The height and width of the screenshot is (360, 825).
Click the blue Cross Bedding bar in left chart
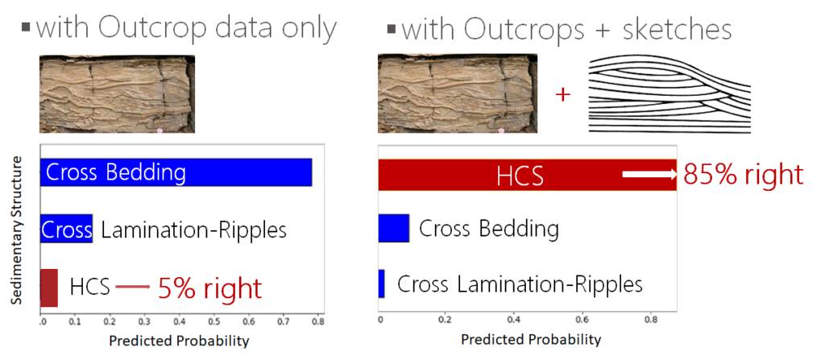click(x=176, y=172)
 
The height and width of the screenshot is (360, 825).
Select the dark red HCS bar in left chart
click(x=49, y=288)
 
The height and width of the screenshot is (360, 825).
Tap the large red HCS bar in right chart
click(x=527, y=174)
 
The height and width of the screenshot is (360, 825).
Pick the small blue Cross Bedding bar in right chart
click(x=393, y=229)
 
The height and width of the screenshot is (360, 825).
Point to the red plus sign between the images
click(x=563, y=96)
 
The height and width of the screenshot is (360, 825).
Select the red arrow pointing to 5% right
click(x=133, y=287)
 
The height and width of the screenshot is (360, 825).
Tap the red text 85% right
click(x=744, y=175)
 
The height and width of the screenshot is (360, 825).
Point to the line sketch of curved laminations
click(x=670, y=95)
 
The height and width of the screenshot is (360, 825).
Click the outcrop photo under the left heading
click(x=118, y=94)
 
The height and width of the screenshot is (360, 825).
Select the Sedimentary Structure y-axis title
click(x=19, y=230)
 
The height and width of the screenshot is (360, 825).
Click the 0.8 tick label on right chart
click(x=651, y=319)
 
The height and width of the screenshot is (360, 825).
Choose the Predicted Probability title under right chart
click(x=531, y=340)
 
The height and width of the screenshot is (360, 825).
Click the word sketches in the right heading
click(x=677, y=31)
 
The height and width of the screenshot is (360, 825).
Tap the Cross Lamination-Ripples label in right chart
click(x=520, y=284)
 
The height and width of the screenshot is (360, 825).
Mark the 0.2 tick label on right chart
click(x=445, y=319)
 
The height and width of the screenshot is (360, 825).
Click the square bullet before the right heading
click(x=391, y=29)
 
